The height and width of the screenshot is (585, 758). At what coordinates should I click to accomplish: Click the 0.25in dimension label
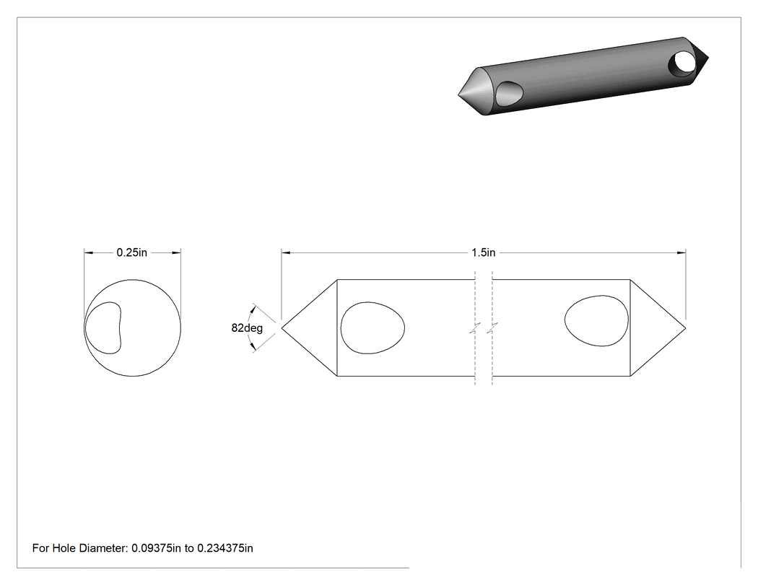[131, 252]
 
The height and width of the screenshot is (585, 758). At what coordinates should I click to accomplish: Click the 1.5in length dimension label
[484, 252]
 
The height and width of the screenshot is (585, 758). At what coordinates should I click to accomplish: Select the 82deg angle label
[247, 328]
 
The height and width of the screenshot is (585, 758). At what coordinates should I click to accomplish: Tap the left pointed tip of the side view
[282, 327]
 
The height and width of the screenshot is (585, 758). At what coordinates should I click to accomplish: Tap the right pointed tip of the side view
[686, 327]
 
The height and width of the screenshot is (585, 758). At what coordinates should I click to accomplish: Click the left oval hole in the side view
[373, 328]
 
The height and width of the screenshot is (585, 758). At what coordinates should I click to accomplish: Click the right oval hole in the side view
[596, 321]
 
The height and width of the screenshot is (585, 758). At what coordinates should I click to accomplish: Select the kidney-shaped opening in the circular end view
[103, 328]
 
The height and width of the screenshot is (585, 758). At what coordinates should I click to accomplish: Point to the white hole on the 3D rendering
[684, 62]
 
